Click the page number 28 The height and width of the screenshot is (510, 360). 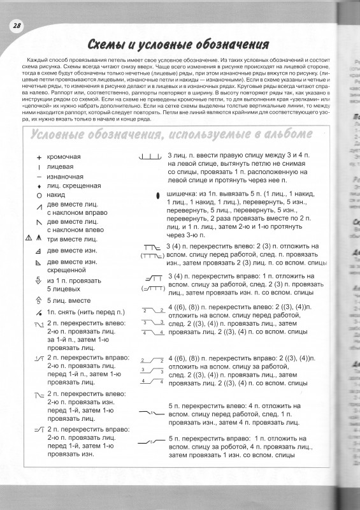(16, 25)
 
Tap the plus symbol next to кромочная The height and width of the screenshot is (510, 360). (39, 157)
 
